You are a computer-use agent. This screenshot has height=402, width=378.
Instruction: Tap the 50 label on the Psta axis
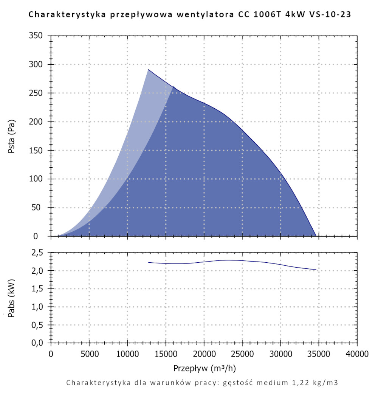[x=39, y=208]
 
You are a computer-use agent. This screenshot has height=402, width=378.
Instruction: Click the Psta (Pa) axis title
[x=12, y=136]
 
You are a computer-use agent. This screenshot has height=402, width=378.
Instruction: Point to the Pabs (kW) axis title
[x=12, y=298]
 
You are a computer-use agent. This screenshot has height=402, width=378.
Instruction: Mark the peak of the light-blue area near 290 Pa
[x=148, y=70]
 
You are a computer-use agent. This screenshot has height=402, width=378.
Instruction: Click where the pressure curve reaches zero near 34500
[x=316, y=236]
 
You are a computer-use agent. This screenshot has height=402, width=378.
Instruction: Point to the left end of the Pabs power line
[x=149, y=262]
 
